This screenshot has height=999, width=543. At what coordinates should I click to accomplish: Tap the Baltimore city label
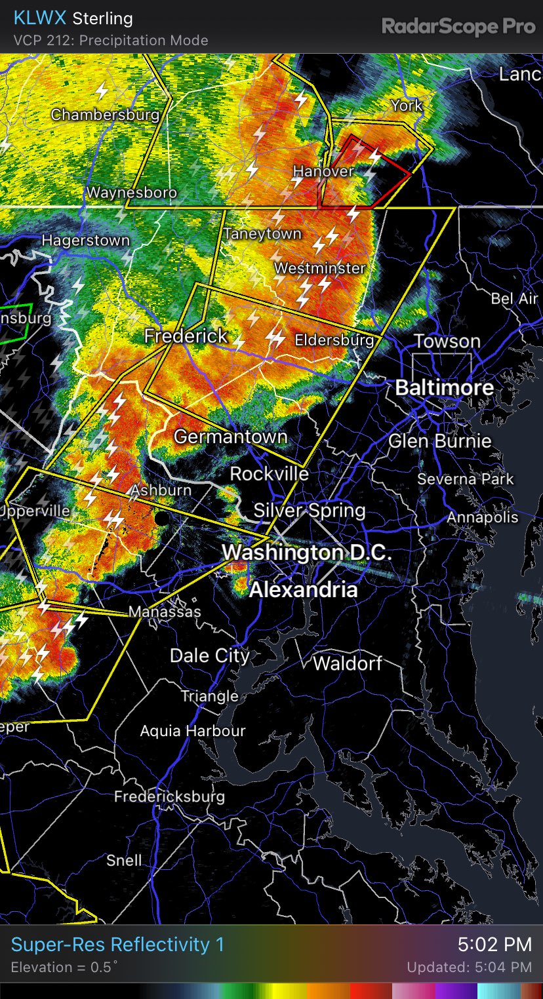445,387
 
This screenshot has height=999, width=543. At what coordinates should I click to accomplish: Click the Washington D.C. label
307,553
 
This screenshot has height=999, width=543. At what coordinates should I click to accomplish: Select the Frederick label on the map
186,336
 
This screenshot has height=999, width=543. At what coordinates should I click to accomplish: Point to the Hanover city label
323,171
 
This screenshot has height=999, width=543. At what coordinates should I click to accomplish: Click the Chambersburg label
105,115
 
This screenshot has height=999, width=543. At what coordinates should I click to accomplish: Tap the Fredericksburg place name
169,796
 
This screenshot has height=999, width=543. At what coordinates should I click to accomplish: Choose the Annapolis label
482,518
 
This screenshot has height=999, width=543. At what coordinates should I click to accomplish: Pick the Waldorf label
347,663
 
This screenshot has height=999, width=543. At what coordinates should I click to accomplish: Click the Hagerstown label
86,241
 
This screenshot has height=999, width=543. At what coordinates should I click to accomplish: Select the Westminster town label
319,268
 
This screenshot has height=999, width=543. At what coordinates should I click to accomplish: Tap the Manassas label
165,612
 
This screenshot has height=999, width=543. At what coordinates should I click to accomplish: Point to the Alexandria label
303,590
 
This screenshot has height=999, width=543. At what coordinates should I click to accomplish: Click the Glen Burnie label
439,441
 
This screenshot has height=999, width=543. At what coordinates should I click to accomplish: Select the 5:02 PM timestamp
494,945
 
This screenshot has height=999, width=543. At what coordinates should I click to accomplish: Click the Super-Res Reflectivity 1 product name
117,945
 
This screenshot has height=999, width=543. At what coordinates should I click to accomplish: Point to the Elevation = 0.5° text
64,967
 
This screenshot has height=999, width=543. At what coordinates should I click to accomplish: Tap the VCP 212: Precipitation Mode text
110,40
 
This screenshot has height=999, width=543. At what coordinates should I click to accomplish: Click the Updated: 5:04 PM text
469,968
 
